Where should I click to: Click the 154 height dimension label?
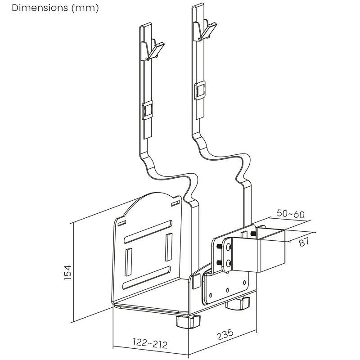[68, 273]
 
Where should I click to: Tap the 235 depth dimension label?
[225, 334]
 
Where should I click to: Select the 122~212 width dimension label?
[150, 343]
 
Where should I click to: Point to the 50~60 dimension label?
[290, 214]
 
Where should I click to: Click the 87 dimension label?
[305, 242]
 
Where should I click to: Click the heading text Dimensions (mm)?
[55, 8]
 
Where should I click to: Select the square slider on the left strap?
[148, 110]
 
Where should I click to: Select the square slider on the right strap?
[200, 91]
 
